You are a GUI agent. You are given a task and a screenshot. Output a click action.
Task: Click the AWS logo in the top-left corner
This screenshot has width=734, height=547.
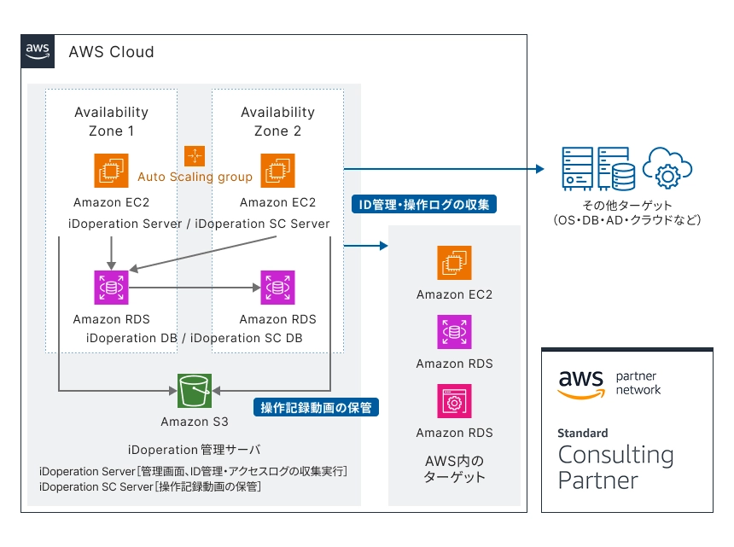(x=38, y=50)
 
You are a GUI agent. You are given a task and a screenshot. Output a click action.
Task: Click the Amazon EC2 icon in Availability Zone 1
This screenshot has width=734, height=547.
(x=111, y=171)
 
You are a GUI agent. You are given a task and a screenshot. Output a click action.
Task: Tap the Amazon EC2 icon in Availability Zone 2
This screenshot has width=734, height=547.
(x=277, y=171)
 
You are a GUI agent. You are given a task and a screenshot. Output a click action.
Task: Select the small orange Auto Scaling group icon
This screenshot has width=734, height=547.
(x=195, y=155)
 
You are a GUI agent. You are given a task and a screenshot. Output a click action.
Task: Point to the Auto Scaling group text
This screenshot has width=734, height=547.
(x=195, y=177)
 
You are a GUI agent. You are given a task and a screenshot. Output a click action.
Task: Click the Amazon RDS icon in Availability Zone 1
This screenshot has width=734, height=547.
(x=111, y=288)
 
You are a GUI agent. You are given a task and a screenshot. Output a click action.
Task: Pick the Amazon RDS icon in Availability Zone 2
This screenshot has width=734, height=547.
(x=277, y=288)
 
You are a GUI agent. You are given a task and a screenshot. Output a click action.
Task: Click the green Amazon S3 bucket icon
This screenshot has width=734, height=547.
(x=195, y=391)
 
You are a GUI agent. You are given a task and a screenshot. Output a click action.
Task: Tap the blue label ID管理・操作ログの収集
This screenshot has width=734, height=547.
(x=424, y=205)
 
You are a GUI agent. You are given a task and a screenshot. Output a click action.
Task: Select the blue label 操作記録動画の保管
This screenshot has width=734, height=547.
(x=316, y=407)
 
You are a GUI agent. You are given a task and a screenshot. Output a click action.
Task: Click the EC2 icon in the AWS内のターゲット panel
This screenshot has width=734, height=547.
(x=454, y=263)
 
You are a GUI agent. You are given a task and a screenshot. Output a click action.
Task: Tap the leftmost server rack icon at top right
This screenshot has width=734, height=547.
(x=576, y=169)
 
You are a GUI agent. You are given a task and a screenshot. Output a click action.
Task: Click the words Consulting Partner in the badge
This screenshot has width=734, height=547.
(x=615, y=467)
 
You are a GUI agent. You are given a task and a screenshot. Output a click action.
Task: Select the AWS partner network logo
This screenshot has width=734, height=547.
(x=609, y=383)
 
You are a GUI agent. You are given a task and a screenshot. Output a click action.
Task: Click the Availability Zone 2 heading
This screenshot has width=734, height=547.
(x=277, y=121)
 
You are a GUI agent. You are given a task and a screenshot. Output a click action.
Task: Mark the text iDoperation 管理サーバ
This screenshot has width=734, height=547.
(x=194, y=449)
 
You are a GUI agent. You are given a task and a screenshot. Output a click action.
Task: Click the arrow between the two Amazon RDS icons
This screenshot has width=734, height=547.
(x=194, y=288)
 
